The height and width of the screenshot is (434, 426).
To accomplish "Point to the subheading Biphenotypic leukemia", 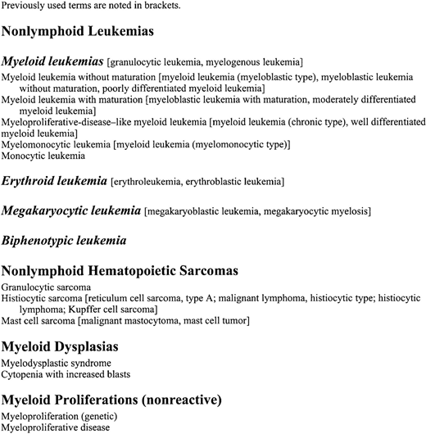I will (65, 241).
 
